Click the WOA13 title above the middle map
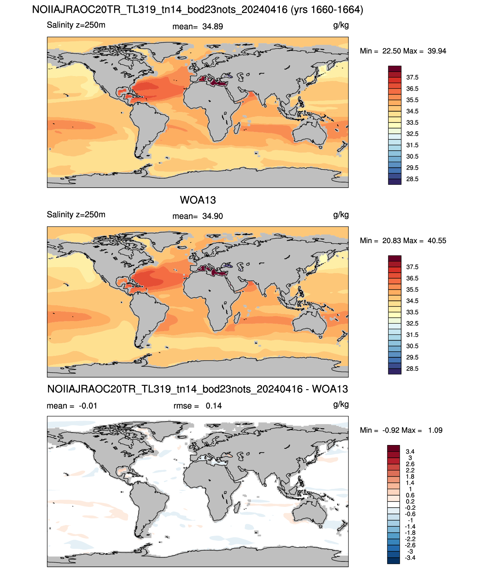(198, 200)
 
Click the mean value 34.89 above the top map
(212, 27)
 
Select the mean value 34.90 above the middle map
(212, 217)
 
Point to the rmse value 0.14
(213, 406)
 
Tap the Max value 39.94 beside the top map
(437, 51)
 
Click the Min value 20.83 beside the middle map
(391, 241)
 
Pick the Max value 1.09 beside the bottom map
(435, 430)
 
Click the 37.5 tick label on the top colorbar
(412, 78)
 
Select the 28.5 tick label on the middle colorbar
(412, 369)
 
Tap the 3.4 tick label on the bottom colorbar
(410, 452)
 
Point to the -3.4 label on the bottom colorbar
(410, 558)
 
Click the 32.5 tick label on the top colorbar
(412, 134)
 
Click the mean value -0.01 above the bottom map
(88, 406)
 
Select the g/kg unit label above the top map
(341, 25)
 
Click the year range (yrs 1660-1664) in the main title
(327, 10)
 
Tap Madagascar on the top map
(237, 128)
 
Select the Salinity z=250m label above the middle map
(76, 215)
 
